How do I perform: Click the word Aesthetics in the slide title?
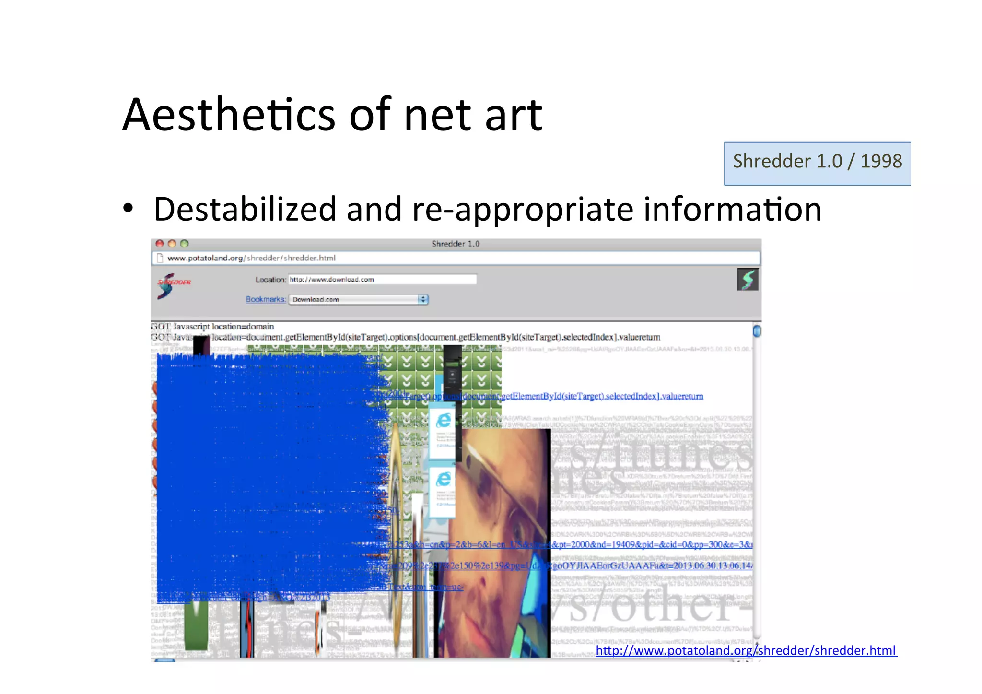point(229,115)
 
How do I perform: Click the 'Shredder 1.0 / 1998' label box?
point(817,162)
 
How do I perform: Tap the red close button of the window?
point(160,244)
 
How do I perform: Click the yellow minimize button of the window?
point(172,244)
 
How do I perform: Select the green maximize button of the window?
point(184,244)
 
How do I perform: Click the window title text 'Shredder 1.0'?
point(455,244)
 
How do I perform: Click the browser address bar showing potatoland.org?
point(456,258)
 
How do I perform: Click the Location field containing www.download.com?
point(382,280)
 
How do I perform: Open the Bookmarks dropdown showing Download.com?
point(358,300)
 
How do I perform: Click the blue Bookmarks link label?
point(266,299)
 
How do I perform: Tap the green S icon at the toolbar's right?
point(748,280)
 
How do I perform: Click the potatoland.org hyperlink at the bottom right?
point(746,650)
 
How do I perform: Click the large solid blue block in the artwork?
point(269,475)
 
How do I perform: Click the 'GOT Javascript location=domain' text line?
point(212,327)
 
